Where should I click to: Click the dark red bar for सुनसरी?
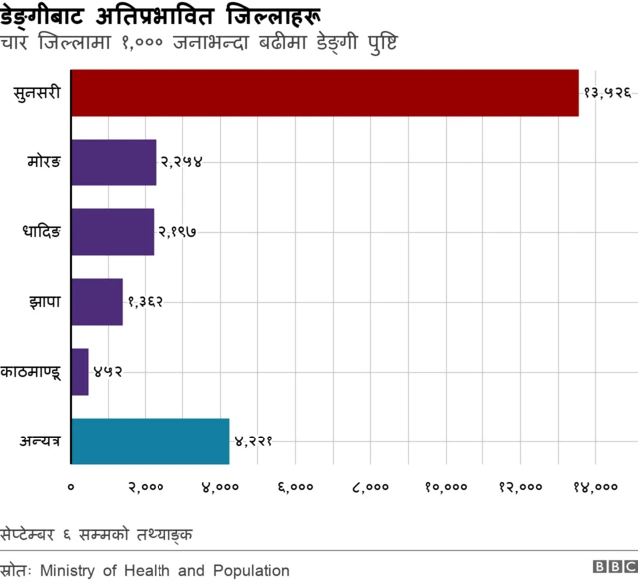click(x=324, y=93)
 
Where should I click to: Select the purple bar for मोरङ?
click(x=113, y=161)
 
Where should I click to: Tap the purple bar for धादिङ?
click(x=112, y=231)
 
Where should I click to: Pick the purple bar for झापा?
click(x=96, y=301)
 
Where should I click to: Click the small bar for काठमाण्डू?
click(x=79, y=371)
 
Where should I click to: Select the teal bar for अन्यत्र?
click(x=150, y=440)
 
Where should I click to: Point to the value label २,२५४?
click(x=182, y=161)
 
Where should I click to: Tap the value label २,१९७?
click(x=180, y=231)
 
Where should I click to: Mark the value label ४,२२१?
click(x=254, y=440)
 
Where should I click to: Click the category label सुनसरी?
click(x=38, y=93)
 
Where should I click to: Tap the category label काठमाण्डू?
click(x=32, y=372)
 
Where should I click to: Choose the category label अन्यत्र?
click(x=39, y=440)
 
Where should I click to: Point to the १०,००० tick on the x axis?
click(x=446, y=487)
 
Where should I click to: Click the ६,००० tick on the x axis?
click(x=296, y=487)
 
